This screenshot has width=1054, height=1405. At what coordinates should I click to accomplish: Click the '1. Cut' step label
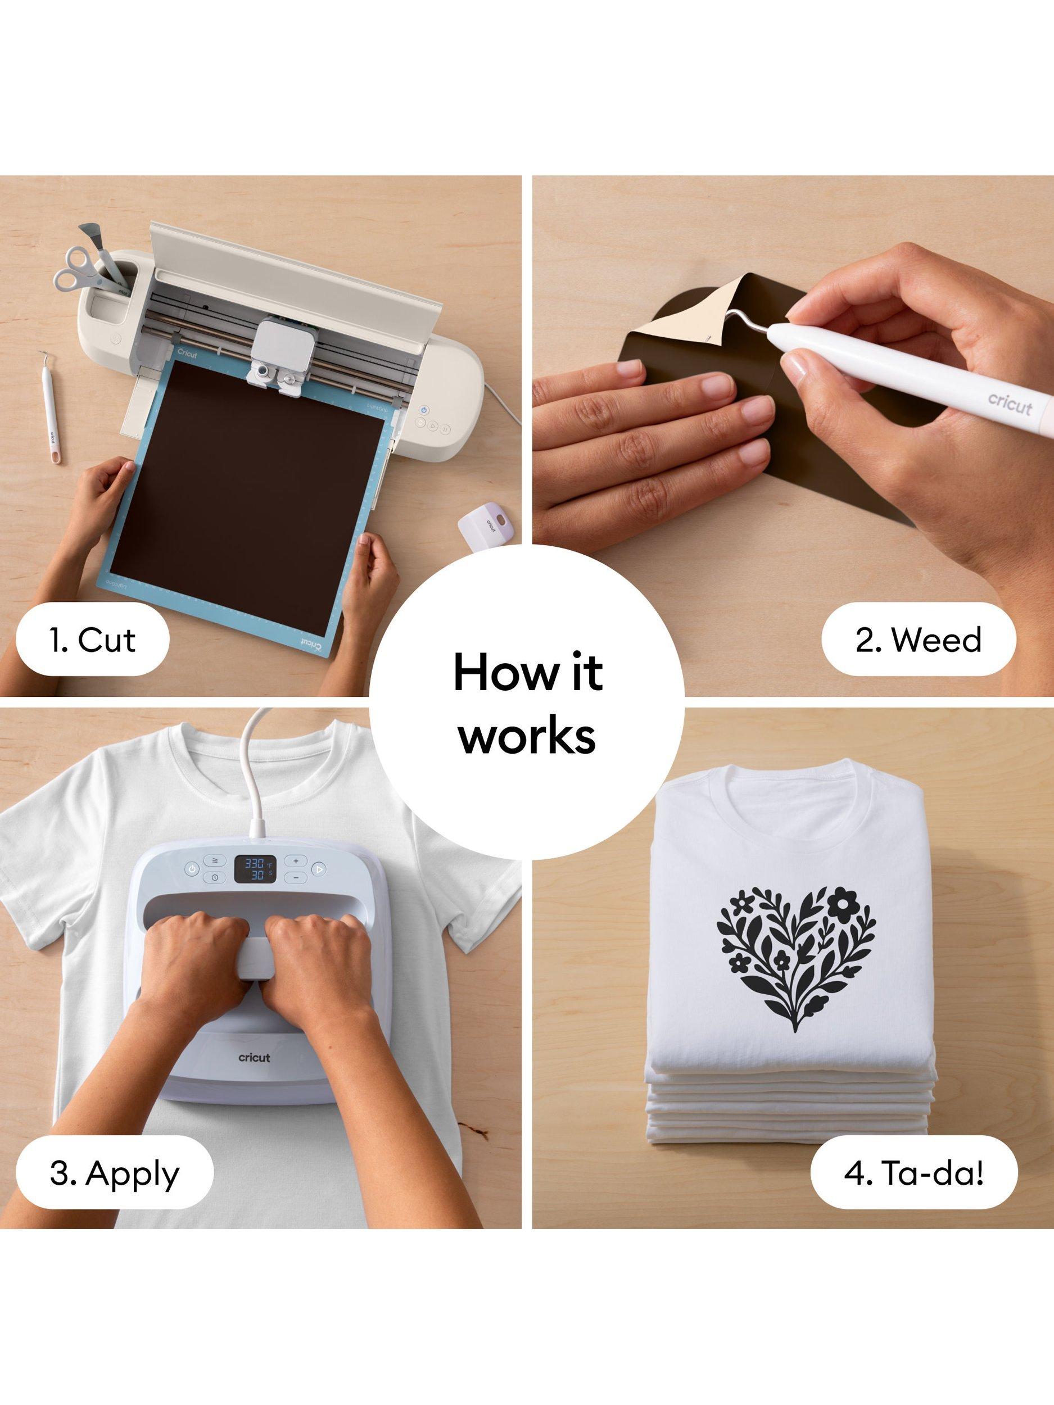92,640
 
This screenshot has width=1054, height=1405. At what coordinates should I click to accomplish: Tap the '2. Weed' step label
918,640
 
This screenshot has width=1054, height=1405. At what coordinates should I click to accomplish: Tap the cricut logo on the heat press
254,1058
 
